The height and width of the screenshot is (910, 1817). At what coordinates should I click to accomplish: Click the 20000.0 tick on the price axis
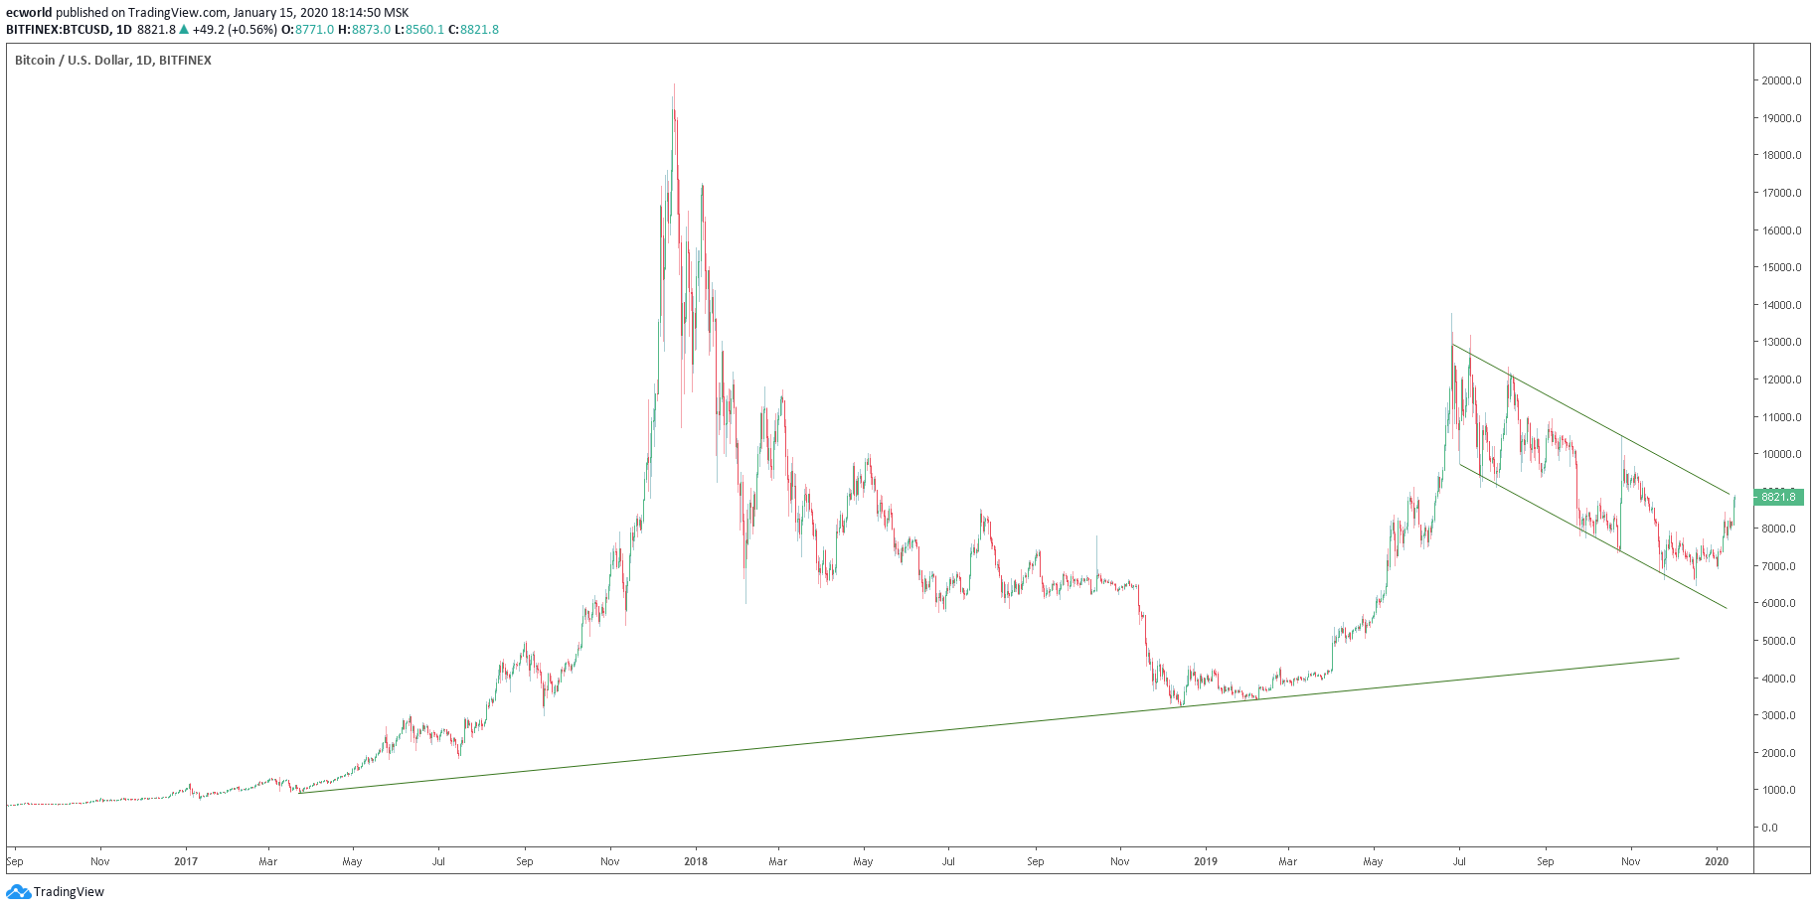(x=1781, y=80)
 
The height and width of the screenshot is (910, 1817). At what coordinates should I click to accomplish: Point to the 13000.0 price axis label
(x=1781, y=342)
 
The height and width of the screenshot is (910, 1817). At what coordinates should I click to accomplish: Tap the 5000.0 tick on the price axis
(x=1781, y=641)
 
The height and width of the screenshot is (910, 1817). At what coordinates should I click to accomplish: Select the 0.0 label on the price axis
(x=1769, y=828)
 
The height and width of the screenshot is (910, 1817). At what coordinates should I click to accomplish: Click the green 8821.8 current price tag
(x=1778, y=497)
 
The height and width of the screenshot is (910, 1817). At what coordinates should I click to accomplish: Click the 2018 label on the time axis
(x=696, y=861)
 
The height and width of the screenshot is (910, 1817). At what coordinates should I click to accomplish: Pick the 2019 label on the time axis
(x=1205, y=861)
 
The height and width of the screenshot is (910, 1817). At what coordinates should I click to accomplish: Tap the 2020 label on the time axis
(x=1717, y=861)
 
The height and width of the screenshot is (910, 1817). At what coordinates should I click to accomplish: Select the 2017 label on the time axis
(x=186, y=861)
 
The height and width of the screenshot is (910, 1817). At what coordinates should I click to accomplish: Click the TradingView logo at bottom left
(x=56, y=891)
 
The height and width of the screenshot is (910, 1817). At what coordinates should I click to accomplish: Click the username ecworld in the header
(x=28, y=13)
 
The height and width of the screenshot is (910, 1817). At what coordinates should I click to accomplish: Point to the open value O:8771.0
(x=308, y=30)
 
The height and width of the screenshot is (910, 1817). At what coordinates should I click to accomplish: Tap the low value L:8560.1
(x=419, y=30)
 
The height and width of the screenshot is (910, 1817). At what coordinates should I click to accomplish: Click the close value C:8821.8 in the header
(x=474, y=30)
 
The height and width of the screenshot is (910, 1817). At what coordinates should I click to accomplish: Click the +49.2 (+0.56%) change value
(x=235, y=30)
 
